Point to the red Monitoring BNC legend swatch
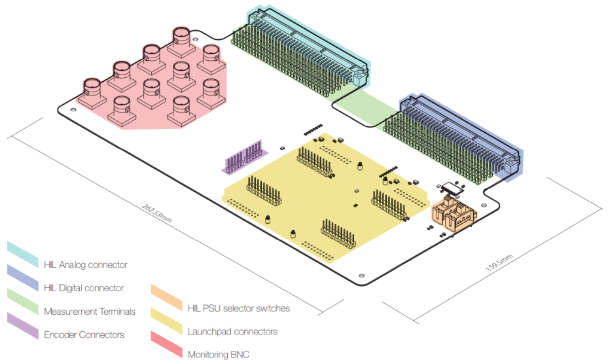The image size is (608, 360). coord(166,343)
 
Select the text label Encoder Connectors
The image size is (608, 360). coord(84,335)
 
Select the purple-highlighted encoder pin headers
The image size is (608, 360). coord(242,158)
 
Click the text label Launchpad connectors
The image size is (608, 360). coord(232,332)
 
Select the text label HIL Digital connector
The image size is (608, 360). coord(84,288)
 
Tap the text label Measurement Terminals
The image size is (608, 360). coord(90,312)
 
